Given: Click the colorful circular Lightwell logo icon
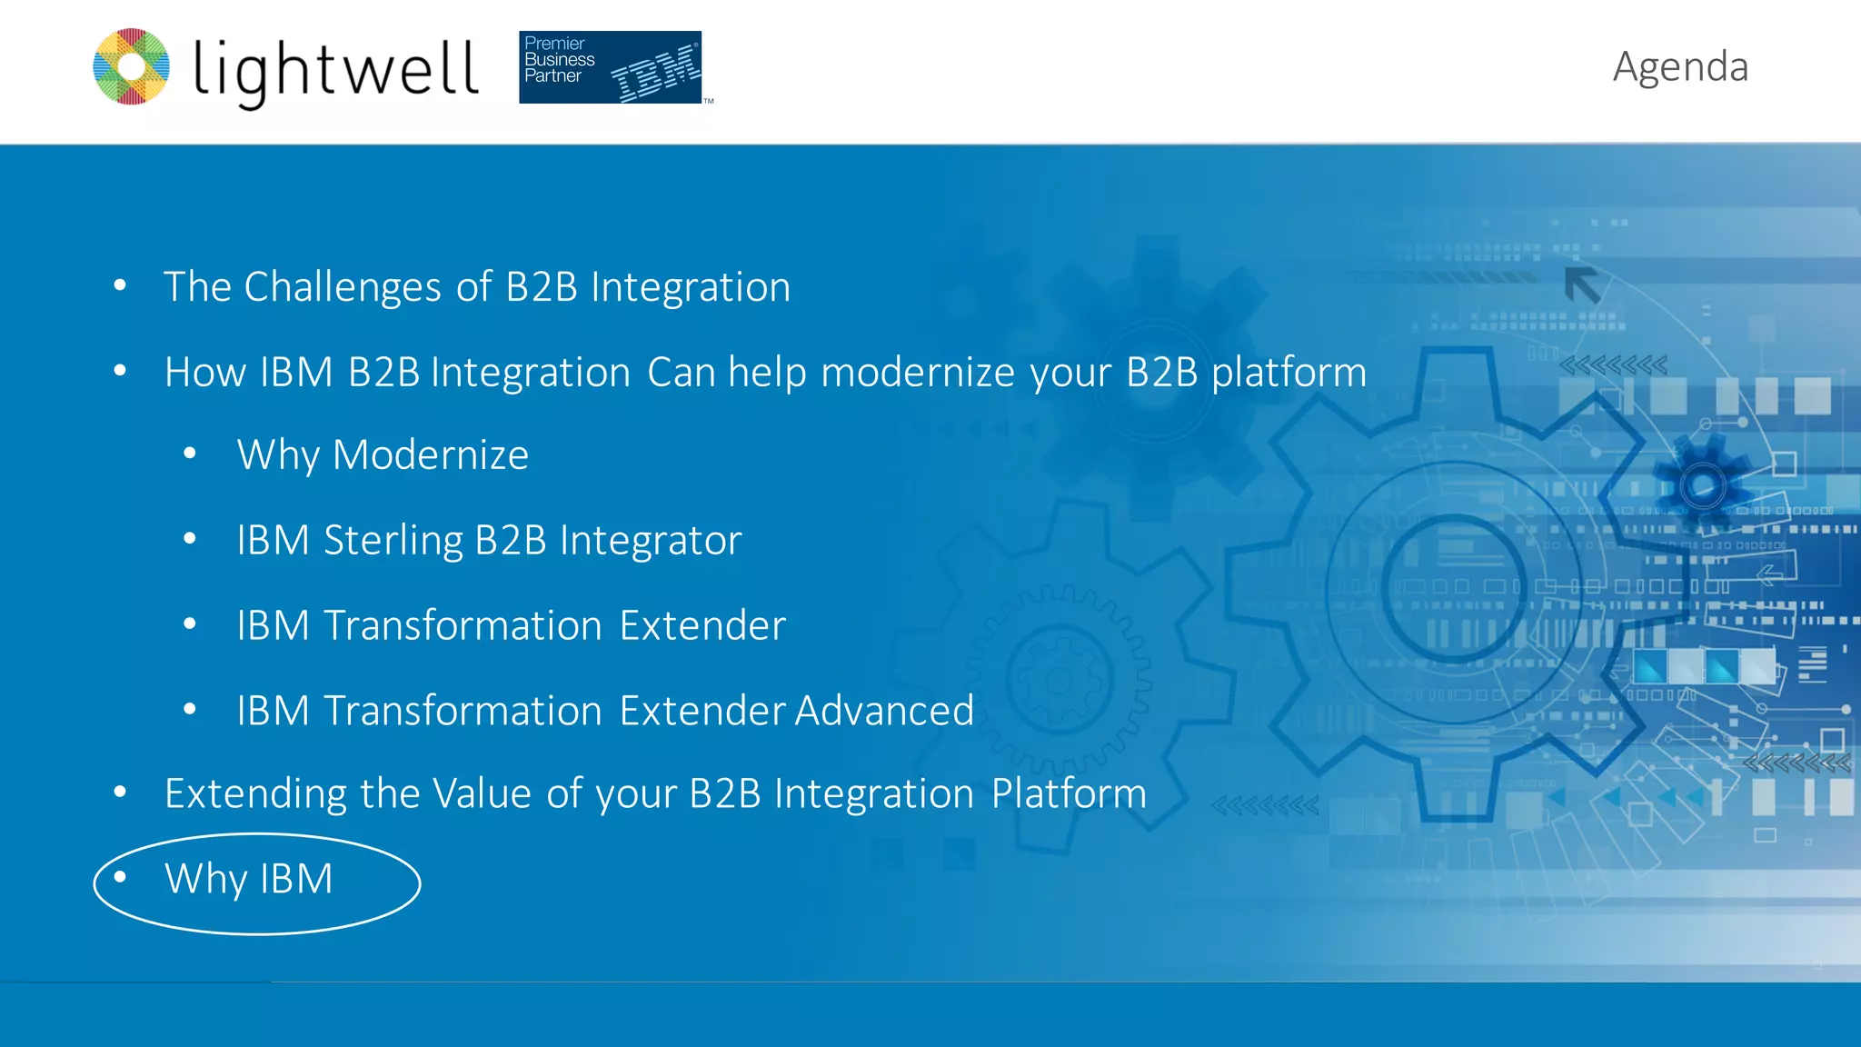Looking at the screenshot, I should [132, 66].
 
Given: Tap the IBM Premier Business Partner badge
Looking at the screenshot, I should [610, 67].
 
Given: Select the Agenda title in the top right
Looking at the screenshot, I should [1680, 66].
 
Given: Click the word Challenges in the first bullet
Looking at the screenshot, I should [343, 287].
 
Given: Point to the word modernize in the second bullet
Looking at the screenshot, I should [917, 373].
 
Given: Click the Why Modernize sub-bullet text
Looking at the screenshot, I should [383, 454].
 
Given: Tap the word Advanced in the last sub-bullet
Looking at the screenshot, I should [884, 711].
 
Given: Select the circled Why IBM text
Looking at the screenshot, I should [248, 879].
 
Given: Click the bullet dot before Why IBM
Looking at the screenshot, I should [120, 877].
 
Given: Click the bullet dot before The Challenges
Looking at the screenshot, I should [120, 285].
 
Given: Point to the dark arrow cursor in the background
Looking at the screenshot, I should [1582, 285].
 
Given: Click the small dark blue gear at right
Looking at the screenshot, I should [1702, 486].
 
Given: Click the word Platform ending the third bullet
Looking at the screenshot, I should [1069, 794].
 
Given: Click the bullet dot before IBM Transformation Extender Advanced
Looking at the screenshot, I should [190, 709].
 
